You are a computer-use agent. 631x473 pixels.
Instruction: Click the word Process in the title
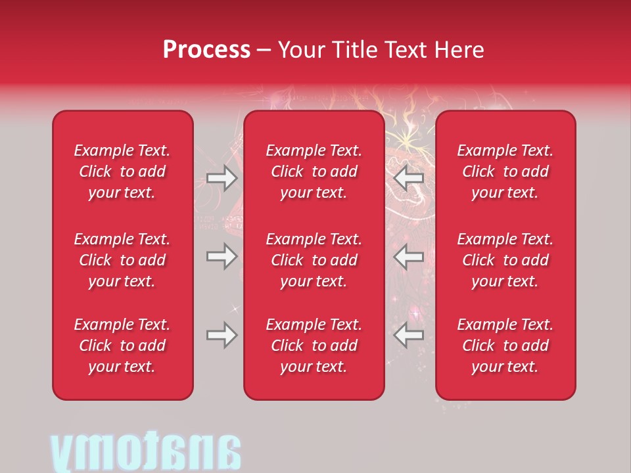click(206, 50)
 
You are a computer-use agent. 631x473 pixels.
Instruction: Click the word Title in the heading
click(354, 50)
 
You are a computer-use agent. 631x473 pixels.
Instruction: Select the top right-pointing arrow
click(222, 178)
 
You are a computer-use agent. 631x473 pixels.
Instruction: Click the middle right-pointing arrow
click(222, 256)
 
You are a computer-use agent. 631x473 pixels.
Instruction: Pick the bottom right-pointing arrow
click(222, 335)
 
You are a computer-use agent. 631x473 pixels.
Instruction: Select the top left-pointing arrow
click(408, 178)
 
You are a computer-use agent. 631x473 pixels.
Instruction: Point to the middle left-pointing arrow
click(408, 256)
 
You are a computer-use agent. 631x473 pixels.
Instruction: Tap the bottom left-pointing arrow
click(408, 335)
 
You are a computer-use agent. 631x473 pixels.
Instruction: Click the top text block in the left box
click(122, 171)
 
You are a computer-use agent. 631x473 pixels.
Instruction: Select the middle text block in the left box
click(122, 260)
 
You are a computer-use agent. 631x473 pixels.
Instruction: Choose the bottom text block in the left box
click(122, 346)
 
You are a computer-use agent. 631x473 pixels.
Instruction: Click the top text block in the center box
click(314, 171)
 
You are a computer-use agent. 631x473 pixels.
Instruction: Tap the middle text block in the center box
click(314, 260)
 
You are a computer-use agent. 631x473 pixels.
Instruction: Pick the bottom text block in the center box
click(314, 346)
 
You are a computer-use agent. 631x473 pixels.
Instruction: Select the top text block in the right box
click(505, 171)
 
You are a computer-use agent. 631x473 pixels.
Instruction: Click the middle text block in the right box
click(505, 260)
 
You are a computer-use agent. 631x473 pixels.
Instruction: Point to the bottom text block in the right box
click(505, 346)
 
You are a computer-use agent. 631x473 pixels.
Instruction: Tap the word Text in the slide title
click(406, 50)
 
